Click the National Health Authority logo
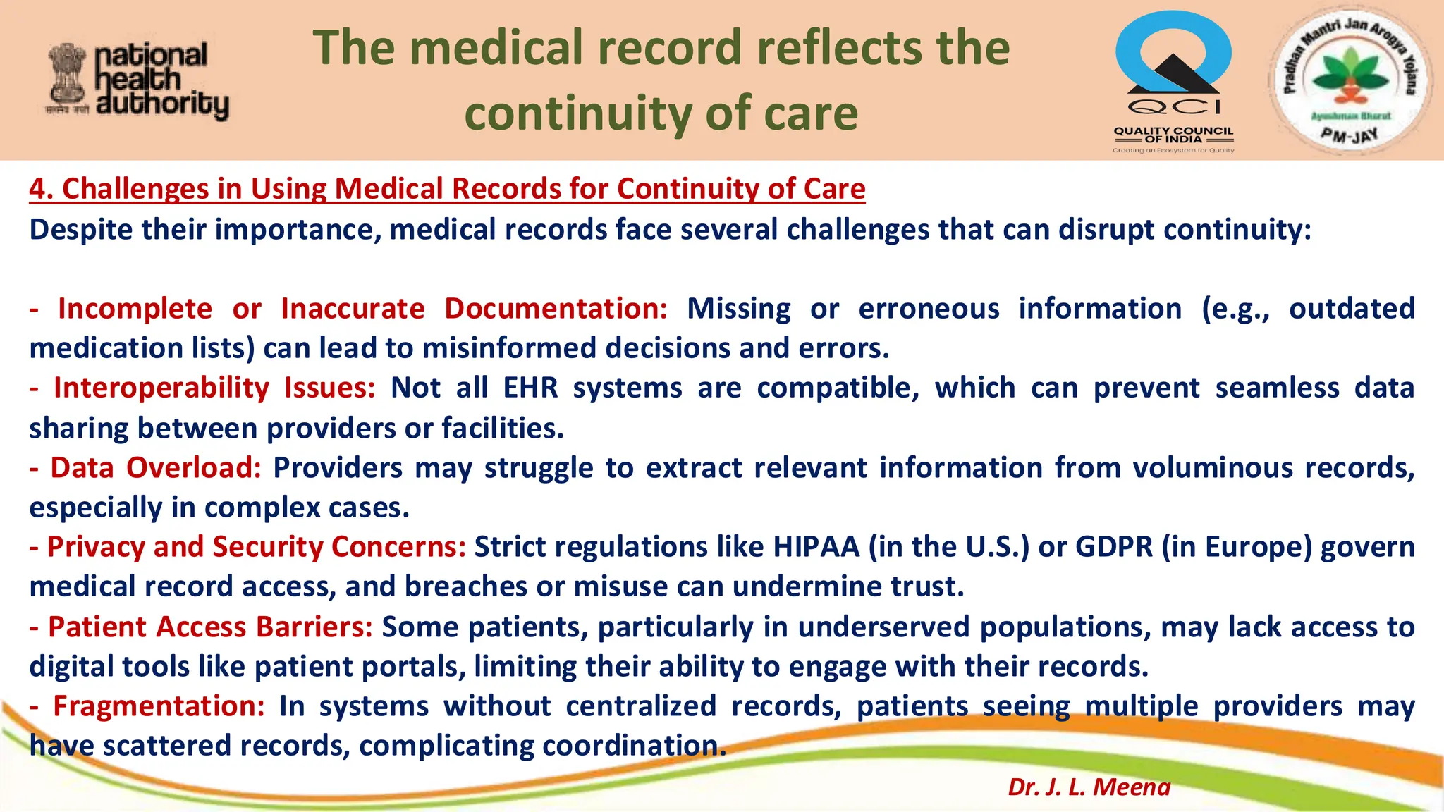pos(138,80)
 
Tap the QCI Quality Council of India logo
pos(1173,80)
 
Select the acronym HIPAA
pos(816,547)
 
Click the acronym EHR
pos(530,388)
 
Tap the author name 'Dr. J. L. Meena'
pos(1089,787)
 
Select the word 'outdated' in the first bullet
pos(1352,309)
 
